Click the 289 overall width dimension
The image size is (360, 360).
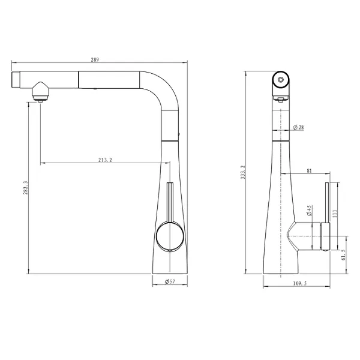pyautogui.click(x=95, y=60)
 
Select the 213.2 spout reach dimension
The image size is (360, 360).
pyautogui.click(x=106, y=160)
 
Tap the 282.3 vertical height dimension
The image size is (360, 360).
pyautogui.click(x=25, y=188)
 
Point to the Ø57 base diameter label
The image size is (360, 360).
pyautogui.click(x=170, y=281)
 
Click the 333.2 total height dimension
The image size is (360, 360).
pyautogui.click(x=243, y=172)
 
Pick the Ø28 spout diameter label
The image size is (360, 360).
pyautogui.click(x=298, y=127)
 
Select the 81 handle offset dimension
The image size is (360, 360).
pyautogui.click(x=309, y=171)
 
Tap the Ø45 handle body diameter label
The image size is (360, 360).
pyautogui.click(x=309, y=211)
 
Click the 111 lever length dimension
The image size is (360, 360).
pyautogui.click(x=335, y=214)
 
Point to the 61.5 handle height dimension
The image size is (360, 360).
pyautogui.click(x=343, y=255)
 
